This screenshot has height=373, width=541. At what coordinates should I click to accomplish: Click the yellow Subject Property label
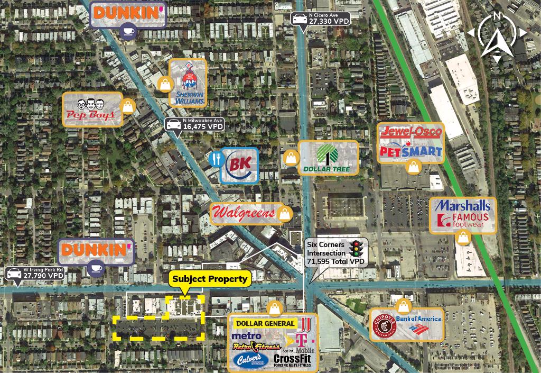pos(210,279)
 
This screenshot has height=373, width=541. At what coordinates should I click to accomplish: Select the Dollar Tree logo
pos(328,158)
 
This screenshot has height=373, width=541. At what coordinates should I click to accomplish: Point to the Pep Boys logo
pos(92,110)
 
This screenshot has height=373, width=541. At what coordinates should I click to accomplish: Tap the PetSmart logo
pos(411,151)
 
